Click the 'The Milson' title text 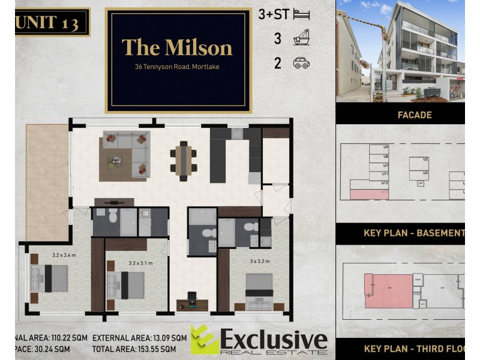pos(177,47)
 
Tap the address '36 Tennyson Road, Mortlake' pos(177,67)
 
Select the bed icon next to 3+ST pos(301,15)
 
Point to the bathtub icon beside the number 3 pos(301,39)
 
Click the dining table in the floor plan pos(184,160)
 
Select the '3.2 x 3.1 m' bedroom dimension pos(140,263)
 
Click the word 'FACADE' pos(415,115)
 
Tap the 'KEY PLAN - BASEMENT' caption pos(414,233)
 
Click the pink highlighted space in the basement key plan pos(365,194)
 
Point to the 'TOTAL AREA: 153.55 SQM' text pos(134,349)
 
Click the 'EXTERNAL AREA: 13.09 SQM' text pos(139,338)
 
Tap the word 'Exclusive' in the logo pos(274,340)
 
